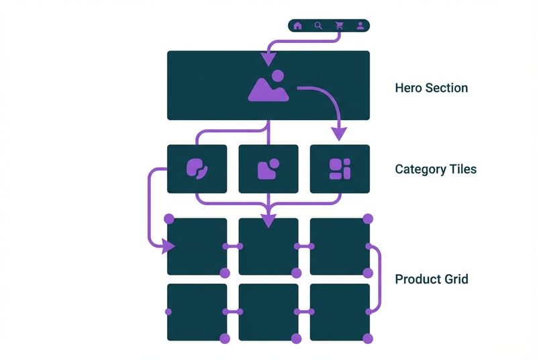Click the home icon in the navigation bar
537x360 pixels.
[x=297, y=26]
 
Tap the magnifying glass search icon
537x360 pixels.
[x=318, y=26]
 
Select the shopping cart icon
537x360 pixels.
[x=339, y=26]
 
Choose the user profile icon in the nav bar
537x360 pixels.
[x=360, y=26]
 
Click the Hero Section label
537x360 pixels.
[x=431, y=88]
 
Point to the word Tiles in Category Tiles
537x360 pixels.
[x=461, y=169]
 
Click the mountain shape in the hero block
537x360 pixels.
[x=267, y=91]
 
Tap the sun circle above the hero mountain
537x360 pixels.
[x=279, y=76]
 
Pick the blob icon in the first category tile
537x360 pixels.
[x=197, y=169]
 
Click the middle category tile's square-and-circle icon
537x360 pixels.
[x=268, y=169]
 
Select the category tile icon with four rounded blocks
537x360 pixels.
[x=340, y=169]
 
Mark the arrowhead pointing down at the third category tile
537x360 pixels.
[x=340, y=134]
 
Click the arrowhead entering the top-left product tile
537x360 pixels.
[x=167, y=247]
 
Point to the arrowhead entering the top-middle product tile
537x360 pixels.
[x=268, y=220]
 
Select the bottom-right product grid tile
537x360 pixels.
[x=340, y=311]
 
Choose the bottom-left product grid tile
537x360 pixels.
[x=197, y=311]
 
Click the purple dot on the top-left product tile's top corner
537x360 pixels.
[x=169, y=219]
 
